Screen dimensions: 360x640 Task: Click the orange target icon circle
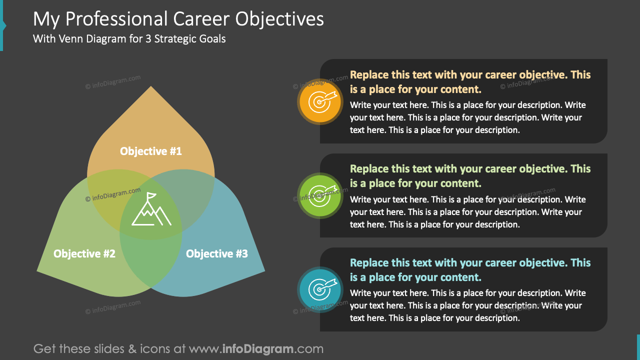tap(319, 101)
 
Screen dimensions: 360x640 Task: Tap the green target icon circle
tap(319, 195)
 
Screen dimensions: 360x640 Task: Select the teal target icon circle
tap(319, 289)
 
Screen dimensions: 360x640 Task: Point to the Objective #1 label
tap(151, 151)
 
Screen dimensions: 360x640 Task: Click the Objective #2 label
tap(84, 254)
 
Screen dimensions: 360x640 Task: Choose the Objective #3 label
tap(217, 254)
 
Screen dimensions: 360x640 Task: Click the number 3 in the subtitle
tap(148, 38)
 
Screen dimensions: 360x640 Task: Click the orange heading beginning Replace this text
tap(470, 82)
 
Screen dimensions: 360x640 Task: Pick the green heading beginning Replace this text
tap(470, 176)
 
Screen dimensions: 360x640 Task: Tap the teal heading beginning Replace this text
tap(470, 270)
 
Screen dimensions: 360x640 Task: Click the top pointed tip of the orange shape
tap(151, 87)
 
